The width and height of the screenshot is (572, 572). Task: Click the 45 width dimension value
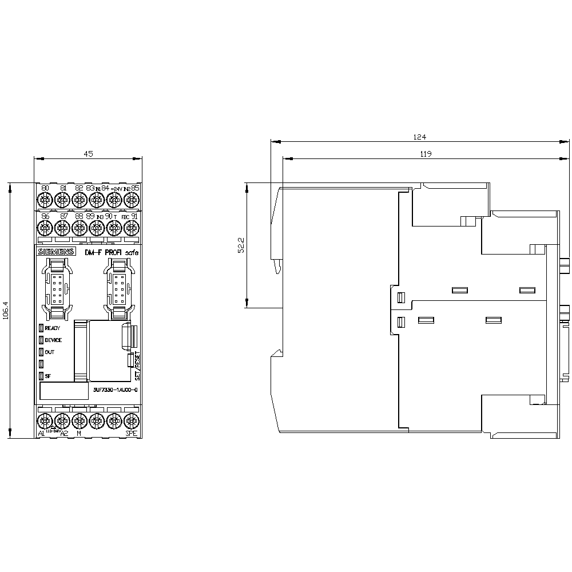[88, 154]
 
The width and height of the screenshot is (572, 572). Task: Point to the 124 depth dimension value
[420, 137]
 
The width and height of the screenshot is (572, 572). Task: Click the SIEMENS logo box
[56, 252]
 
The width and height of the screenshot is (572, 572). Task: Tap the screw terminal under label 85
[132, 200]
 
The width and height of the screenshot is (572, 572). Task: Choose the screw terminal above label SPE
[132, 422]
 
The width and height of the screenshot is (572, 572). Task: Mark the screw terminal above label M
[80, 422]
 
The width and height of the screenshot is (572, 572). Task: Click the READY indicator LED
[41, 328]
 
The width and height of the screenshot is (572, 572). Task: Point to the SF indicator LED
[41, 376]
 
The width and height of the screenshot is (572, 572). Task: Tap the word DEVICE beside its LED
[53, 340]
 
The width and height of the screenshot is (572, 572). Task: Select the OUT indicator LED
[41, 352]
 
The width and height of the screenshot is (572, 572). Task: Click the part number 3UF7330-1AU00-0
[114, 389]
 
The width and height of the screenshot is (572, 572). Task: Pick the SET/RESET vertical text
[137, 367]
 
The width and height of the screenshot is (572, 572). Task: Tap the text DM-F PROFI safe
[111, 252]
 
